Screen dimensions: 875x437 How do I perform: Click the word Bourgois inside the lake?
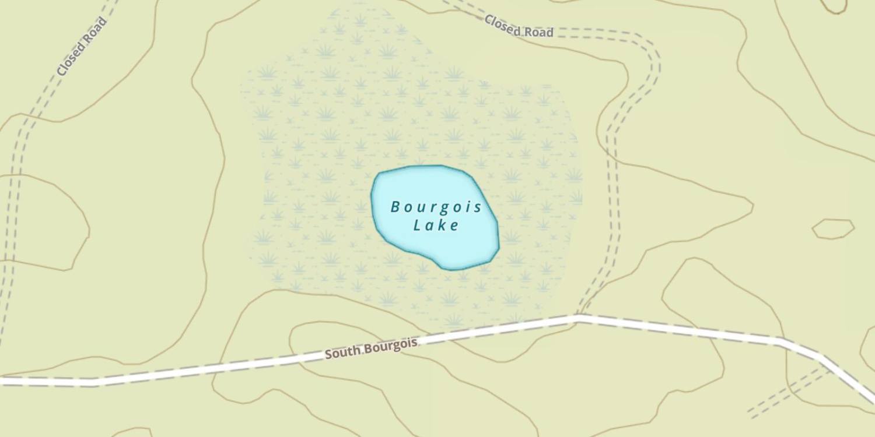(436, 207)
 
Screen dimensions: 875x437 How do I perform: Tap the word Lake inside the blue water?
(436, 225)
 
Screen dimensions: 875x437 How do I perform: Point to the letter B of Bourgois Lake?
(395, 207)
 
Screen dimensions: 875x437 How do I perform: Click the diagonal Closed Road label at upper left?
(82, 47)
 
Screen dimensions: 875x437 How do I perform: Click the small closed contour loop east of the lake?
(833, 228)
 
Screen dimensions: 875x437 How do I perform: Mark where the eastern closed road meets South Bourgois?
(579, 317)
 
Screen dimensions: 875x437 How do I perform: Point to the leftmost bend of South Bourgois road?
(95, 382)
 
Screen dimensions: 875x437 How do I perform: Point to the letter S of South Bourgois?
(328, 354)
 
